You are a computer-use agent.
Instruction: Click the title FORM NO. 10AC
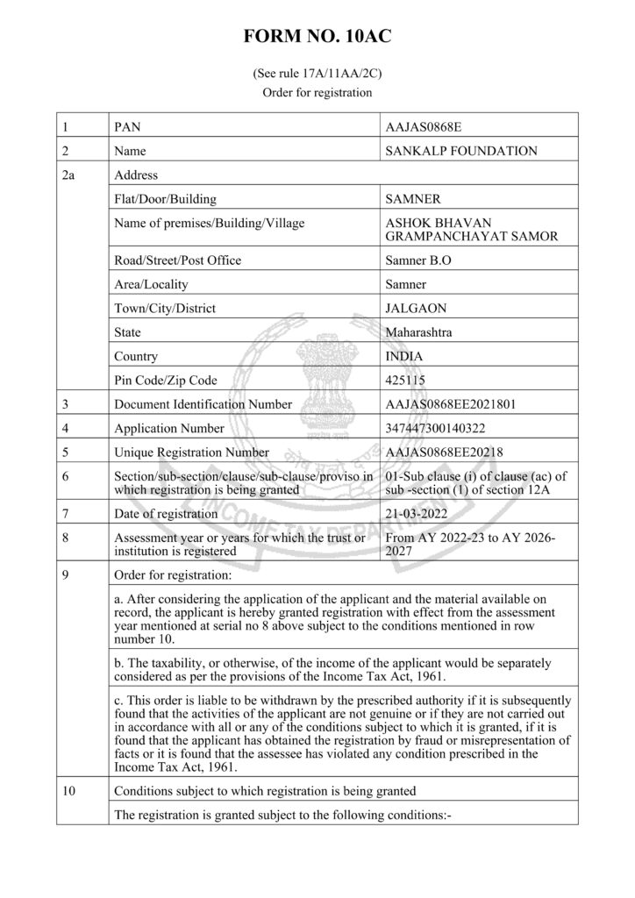[x=317, y=37]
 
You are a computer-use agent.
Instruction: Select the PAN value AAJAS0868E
[x=423, y=127]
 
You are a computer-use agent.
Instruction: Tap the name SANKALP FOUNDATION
[x=461, y=151]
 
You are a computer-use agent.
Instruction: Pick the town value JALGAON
[x=412, y=309]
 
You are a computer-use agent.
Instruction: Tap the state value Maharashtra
[x=420, y=332]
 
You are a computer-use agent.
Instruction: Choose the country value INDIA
[x=403, y=357]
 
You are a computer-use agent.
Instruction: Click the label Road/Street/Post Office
[x=177, y=260]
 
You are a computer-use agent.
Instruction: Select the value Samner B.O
[x=417, y=260]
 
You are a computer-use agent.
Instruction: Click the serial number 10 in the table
[x=69, y=790]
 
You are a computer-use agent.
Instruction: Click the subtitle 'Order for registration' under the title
[x=317, y=92]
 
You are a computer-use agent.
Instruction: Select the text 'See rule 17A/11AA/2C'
[x=317, y=75]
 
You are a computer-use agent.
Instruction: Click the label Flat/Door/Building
[x=165, y=199]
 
